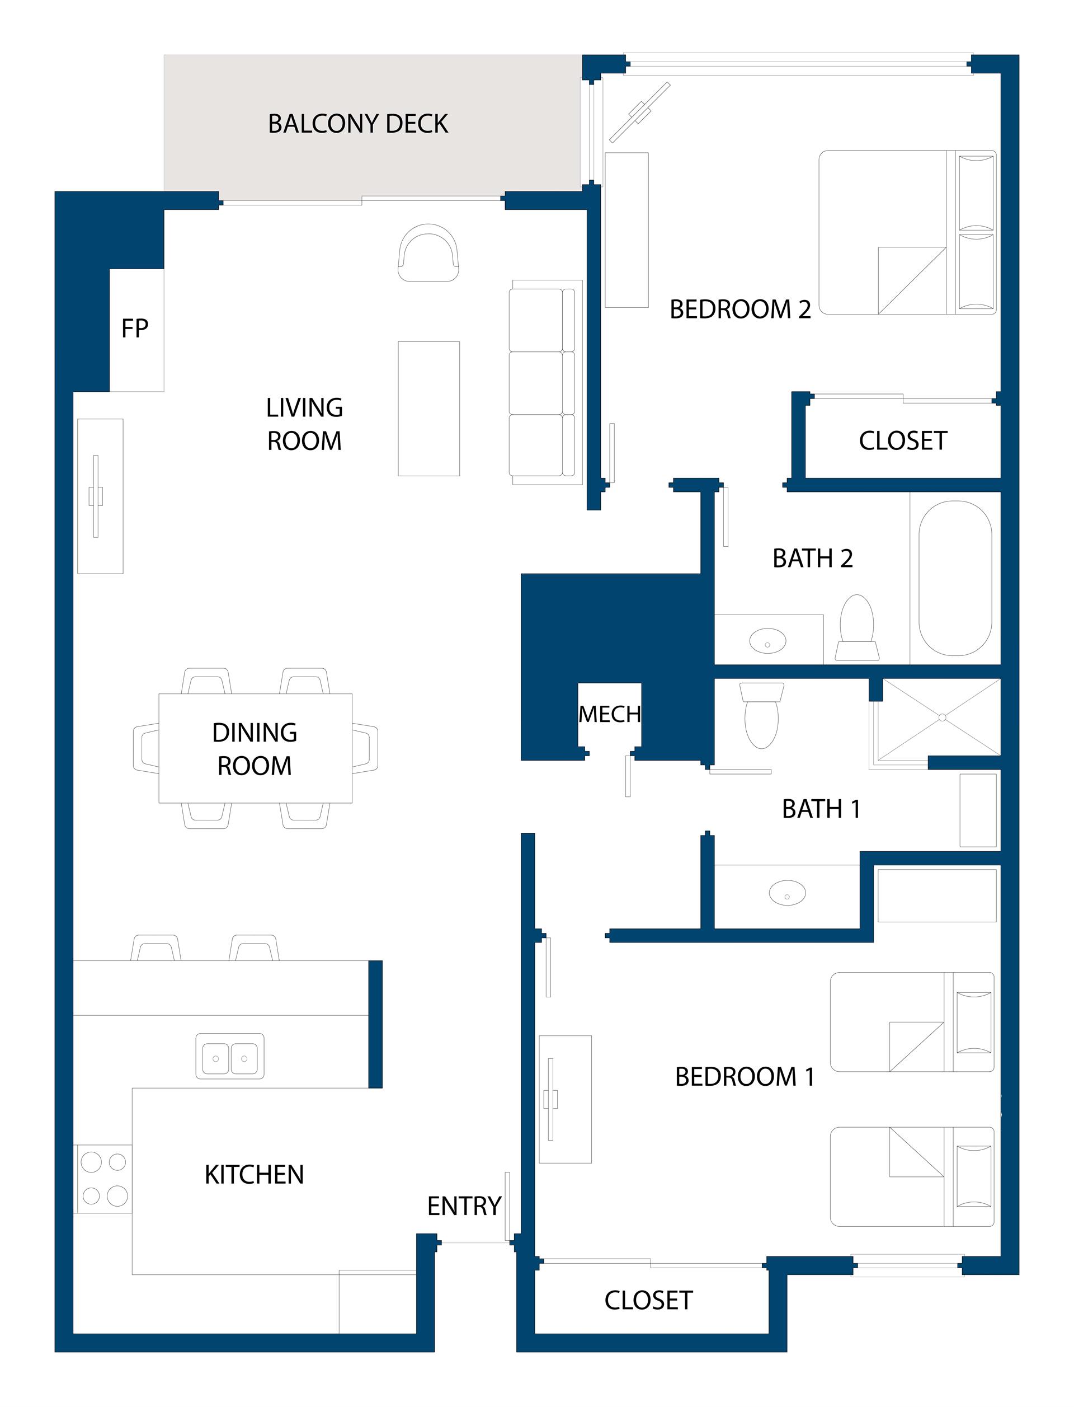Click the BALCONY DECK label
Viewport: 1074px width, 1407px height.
click(358, 124)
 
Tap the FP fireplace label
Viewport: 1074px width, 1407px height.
click(135, 328)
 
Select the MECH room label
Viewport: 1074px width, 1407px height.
click(609, 714)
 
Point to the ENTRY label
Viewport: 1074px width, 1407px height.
click(464, 1206)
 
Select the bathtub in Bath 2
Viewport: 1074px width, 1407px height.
click(955, 578)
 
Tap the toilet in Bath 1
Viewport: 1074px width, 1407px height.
click(761, 714)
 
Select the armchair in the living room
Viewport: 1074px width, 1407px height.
click(428, 252)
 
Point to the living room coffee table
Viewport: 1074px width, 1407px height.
click(429, 409)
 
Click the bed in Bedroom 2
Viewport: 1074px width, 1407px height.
click(908, 232)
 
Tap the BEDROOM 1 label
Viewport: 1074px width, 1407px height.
click(745, 1076)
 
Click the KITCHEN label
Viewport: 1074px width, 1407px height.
click(255, 1175)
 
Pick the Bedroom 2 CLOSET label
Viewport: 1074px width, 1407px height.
click(903, 440)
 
